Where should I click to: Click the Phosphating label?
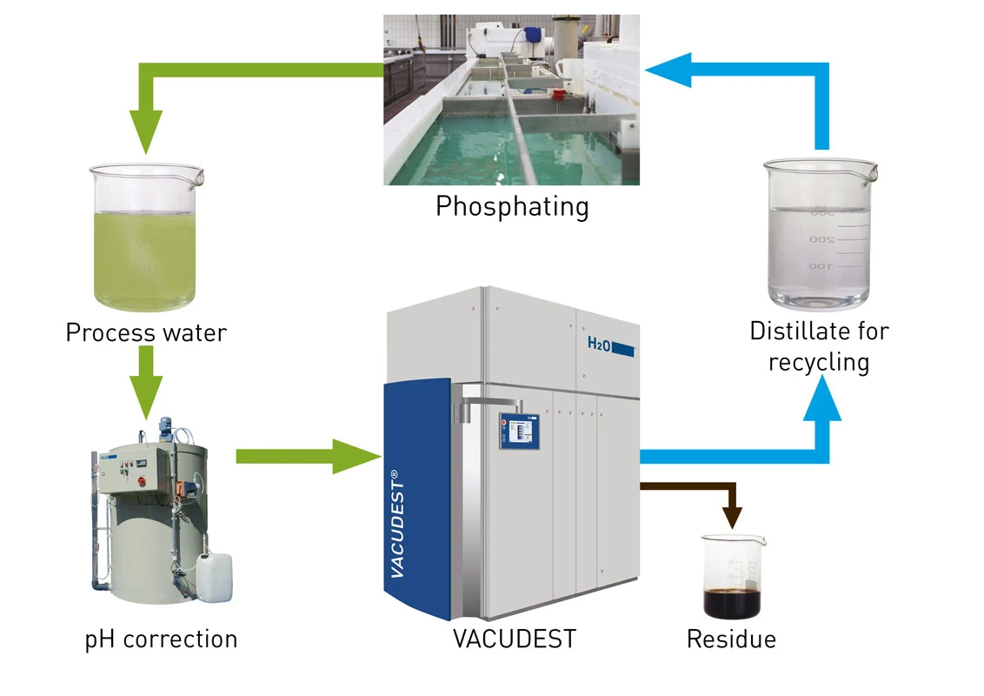tap(512, 207)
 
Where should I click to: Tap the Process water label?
tap(146, 332)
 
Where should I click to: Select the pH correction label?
tap(161, 639)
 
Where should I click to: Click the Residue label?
tap(731, 639)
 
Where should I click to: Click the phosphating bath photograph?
tap(512, 100)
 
